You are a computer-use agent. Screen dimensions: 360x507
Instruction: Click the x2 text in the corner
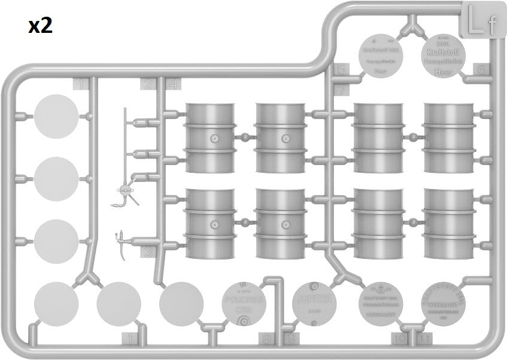pos(40,25)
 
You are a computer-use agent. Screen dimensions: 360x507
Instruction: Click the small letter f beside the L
pos(491,26)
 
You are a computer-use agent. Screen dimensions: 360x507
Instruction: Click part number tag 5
pos(341,70)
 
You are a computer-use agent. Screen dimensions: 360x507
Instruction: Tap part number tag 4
pos(174,84)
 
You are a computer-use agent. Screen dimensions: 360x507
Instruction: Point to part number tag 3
pos(148,252)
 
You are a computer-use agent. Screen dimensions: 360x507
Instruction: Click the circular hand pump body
pos(126,191)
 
